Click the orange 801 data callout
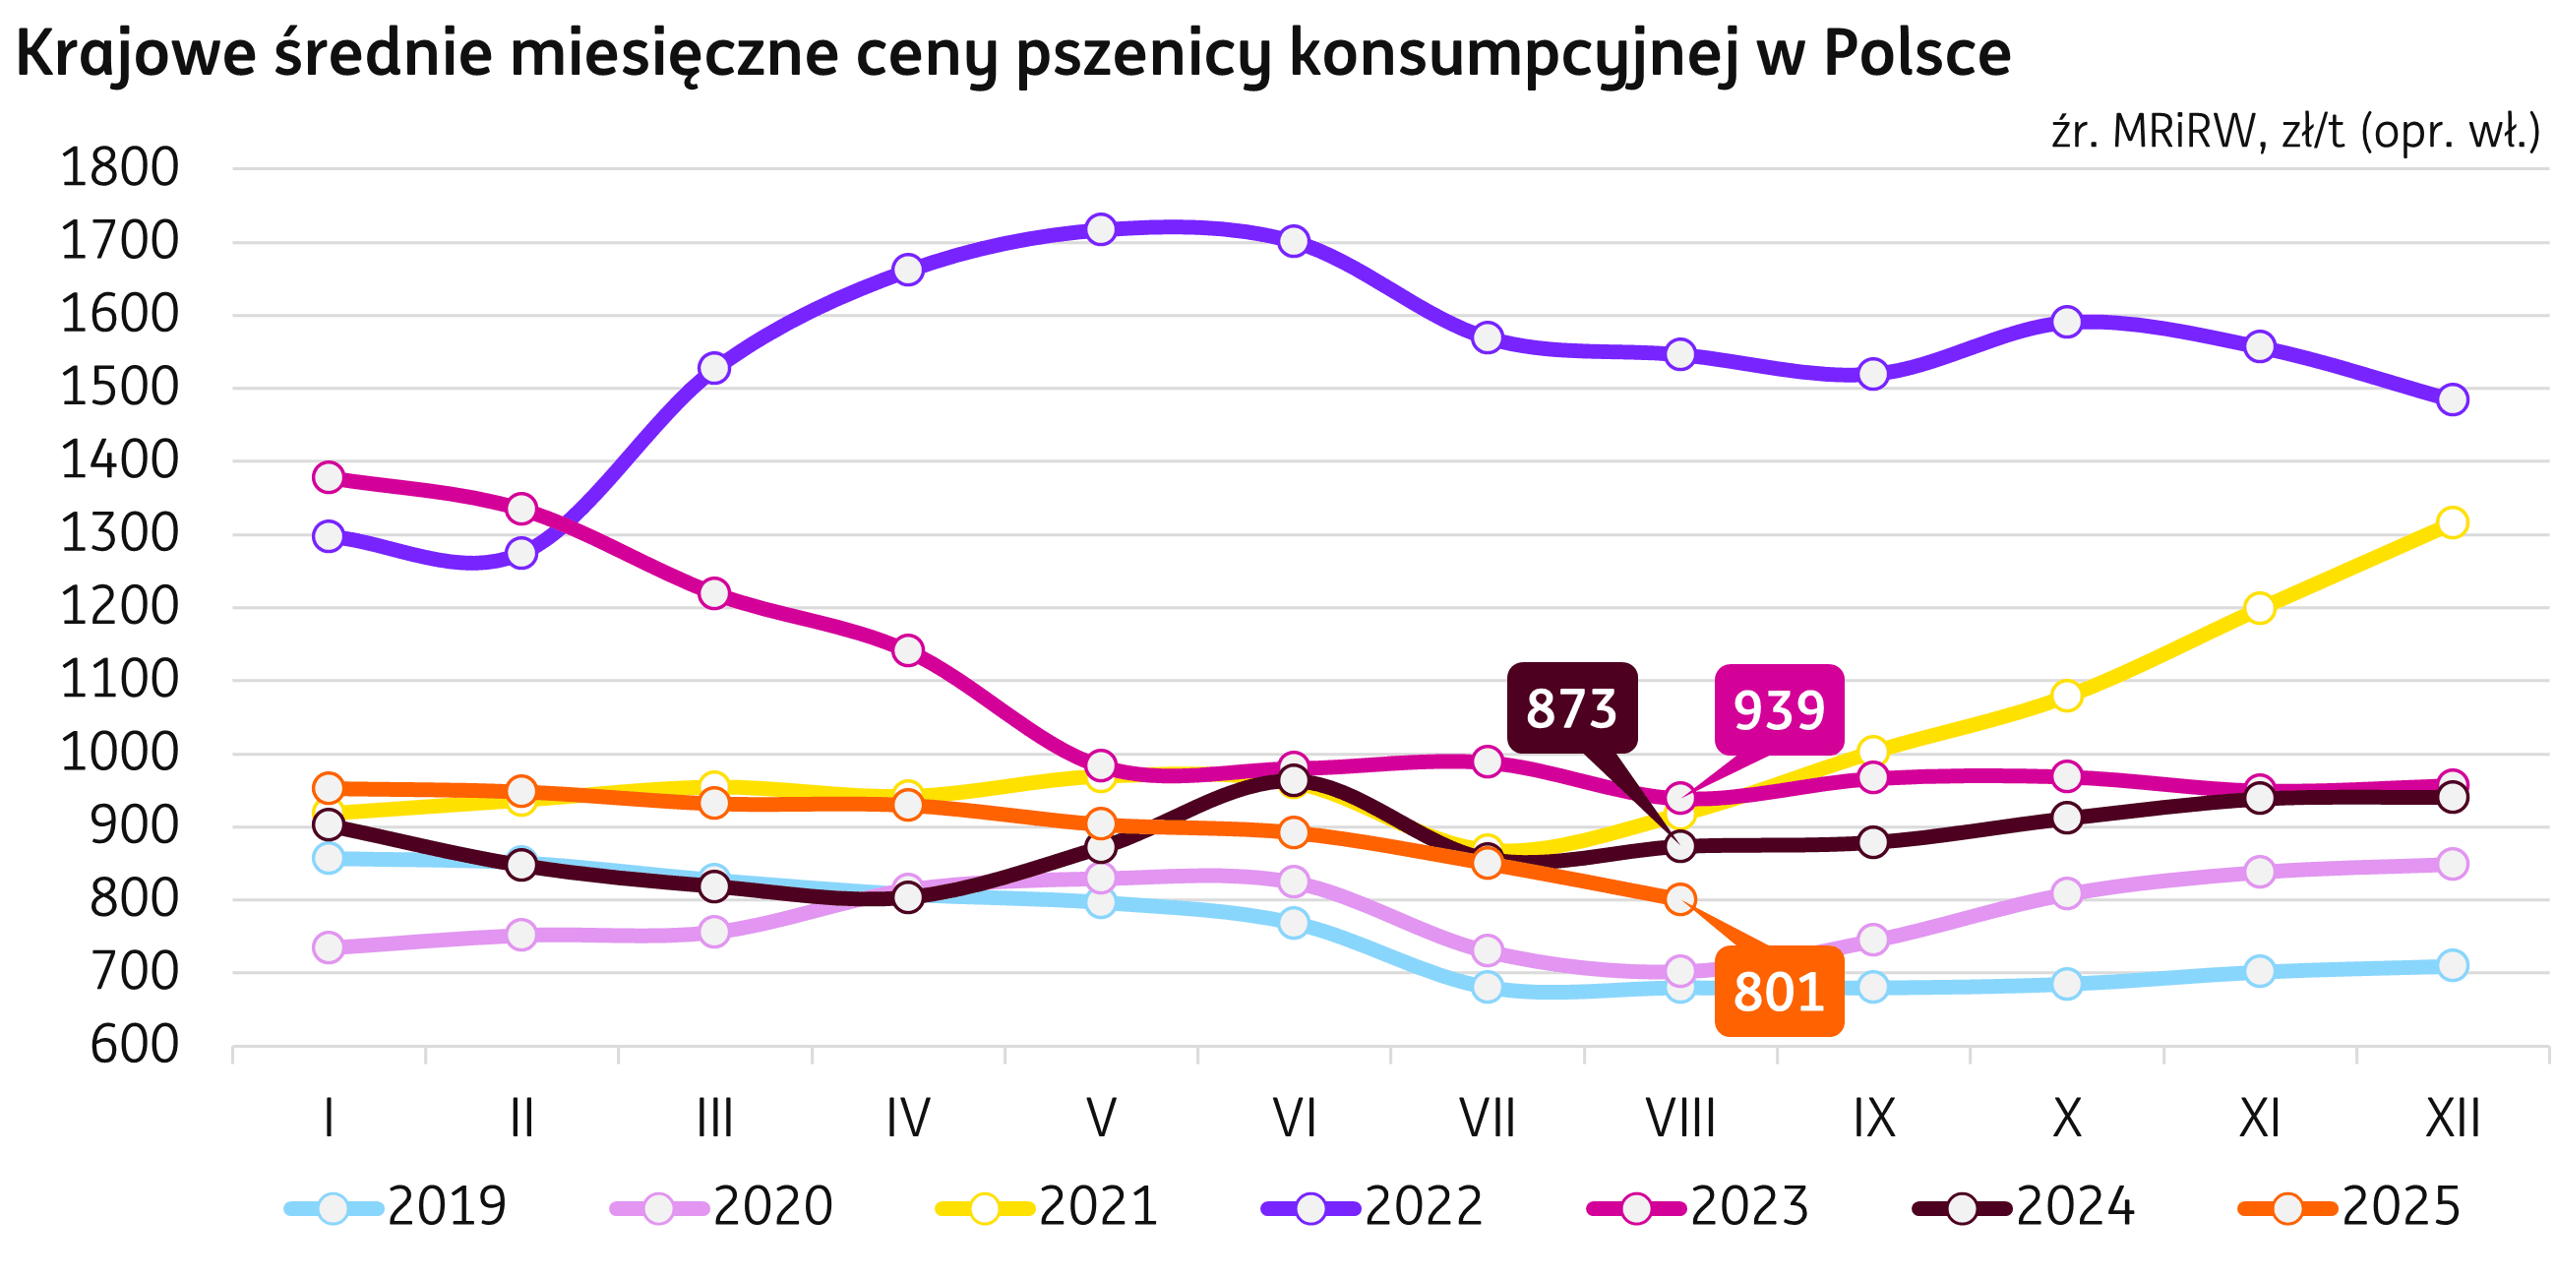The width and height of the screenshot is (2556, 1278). (x=1778, y=992)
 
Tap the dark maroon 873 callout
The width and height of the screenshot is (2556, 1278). (x=1572, y=708)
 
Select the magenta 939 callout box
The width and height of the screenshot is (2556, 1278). (x=1779, y=709)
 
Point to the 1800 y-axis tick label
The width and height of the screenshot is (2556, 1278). (x=120, y=168)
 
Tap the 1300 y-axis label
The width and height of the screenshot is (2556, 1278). (x=120, y=535)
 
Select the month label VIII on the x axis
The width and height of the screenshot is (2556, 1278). (x=1680, y=1120)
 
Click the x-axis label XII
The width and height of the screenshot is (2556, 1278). (x=2452, y=1120)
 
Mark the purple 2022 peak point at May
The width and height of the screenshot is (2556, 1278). (x=1100, y=229)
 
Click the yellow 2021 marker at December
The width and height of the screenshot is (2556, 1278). (x=2452, y=521)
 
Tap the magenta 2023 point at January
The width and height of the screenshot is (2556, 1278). (x=329, y=477)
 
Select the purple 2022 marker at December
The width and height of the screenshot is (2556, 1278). (x=2452, y=398)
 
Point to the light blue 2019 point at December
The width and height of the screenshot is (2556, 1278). (x=2452, y=964)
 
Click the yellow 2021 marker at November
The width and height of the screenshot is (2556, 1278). (x=2259, y=608)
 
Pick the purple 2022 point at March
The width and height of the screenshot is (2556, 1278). (x=714, y=368)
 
